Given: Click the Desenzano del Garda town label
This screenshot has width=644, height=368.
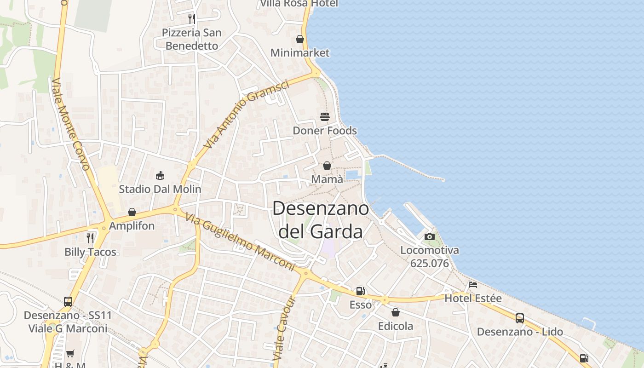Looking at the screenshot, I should pyautogui.click(x=321, y=220).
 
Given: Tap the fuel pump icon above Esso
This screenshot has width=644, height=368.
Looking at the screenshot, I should pyautogui.click(x=361, y=291).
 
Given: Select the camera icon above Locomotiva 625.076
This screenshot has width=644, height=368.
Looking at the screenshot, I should pyautogui.click(x=430, y=236).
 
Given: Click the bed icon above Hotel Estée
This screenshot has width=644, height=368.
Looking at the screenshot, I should pyautogui.click(x=473, y=284).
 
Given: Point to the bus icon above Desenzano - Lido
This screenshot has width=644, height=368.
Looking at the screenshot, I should pyautogui.click(x=520, y=318).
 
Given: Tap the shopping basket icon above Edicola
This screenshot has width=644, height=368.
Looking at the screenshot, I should pyautogui.click(x=396, y=312).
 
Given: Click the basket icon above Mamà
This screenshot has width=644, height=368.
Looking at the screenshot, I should pyautogui.click(x=327, y=165).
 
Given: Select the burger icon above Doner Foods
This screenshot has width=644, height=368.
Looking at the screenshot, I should pyautogui.click(x=325, y=116).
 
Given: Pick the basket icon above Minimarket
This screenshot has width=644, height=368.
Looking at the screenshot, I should pyautogui.click(x=300, y=39).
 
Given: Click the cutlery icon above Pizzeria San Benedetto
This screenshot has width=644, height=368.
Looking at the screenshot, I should pyautogui.click(x=192, y=18).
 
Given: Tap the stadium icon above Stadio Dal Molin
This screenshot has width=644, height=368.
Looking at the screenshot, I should pyautogui.click(x=160, y=175).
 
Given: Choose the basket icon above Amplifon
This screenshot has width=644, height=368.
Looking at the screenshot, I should pyautogui.click(x=132, y=212).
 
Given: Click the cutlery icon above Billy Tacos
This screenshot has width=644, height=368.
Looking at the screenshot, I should pyautogui.click(x=90, y=238).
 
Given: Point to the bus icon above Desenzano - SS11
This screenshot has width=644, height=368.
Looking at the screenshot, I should pyautogui.click(x=68, y=301).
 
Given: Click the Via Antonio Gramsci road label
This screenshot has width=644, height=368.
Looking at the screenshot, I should pyautogui.click(x=247, y=114).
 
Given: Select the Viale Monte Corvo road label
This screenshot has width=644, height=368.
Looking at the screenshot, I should pyautogui.click(x=70, y=124).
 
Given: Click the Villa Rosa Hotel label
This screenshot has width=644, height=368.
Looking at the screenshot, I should pyautogui.click(x=299, y=4).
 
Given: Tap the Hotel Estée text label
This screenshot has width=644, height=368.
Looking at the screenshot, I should pyautogui.click(x=473, y=299).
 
